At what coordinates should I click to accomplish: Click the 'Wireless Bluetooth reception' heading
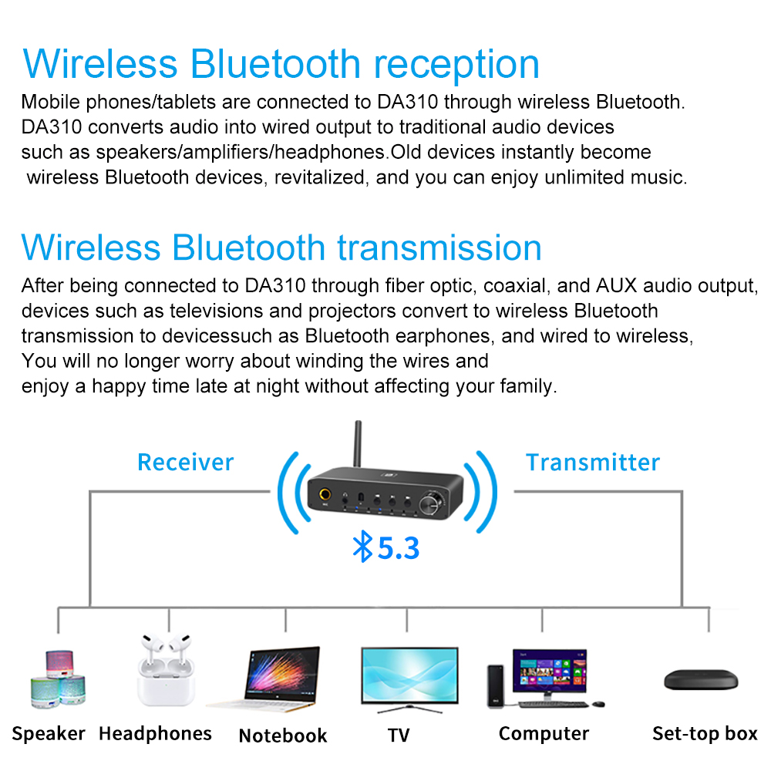point(281,64)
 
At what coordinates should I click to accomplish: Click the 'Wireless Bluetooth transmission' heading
point(281,247)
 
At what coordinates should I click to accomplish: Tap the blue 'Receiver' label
point(185,463)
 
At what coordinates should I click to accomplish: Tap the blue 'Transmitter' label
point(593,463)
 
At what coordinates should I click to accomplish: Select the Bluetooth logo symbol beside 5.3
point(362,547)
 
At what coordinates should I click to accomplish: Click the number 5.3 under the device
point(398,548)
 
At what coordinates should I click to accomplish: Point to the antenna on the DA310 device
point(358,447)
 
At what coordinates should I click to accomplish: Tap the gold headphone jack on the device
point(328,496)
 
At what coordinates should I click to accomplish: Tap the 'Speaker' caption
point(49,733)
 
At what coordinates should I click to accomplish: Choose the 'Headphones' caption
point(155,733)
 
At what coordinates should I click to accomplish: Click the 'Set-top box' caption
point(705,733)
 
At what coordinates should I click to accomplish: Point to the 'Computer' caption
point(544,733)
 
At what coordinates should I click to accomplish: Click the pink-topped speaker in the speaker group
point(60,661)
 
